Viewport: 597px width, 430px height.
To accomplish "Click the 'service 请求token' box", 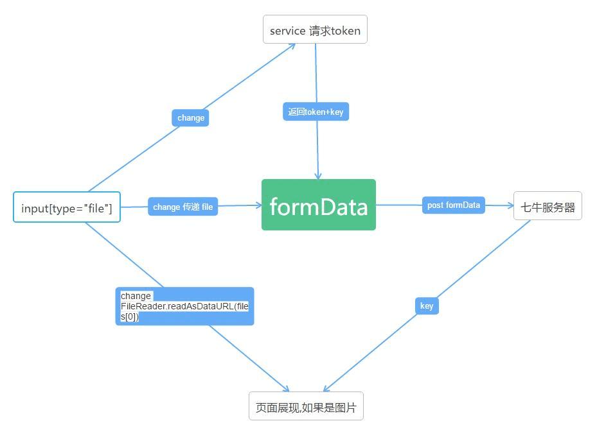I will pyautogui.click(x=315, y=30).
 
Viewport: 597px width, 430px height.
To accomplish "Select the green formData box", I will pyautogui.click(x=318, y=205).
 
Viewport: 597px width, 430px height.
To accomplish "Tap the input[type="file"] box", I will pyautogui.click(x=67, y=207).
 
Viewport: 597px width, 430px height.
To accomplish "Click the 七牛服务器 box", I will pyautogui.click(x=548, y=206).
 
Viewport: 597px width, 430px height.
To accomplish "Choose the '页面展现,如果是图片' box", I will pyautogui.click(x=306, y=406).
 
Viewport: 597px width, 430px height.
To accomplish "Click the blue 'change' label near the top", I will pyautogui.click(x=190, y=118).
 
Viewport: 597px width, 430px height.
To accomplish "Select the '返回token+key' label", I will pyautogui.click(x=316, y=112).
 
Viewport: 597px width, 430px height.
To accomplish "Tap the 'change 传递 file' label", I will pyautogui.click(x=183, y=207).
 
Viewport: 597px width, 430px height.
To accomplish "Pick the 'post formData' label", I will pyautogui.click(x=453, y=205).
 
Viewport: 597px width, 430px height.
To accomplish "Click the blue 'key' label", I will pyautogui.click(x=427, y=305).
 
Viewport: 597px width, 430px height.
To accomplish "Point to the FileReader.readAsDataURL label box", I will pyautogui.click(x=184, y=306).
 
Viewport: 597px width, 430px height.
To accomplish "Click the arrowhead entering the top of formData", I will pyautogui.click(x=318, y=176).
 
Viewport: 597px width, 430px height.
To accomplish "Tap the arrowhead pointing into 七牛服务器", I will pyautogui.click(x=510, y=206).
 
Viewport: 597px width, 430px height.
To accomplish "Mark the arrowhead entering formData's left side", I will pyautogui.click(x=258, y=205).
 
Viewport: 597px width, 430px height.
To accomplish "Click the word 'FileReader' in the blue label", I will pyautogui.click(x=143, y=306).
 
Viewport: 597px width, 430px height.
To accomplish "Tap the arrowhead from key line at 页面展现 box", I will pyautogui.click(x=326, y=389).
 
